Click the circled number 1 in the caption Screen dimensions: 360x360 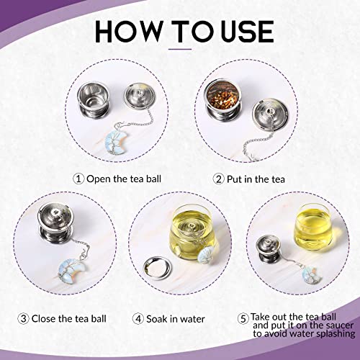coord(77,178)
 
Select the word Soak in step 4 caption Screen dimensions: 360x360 coord(165,318)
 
